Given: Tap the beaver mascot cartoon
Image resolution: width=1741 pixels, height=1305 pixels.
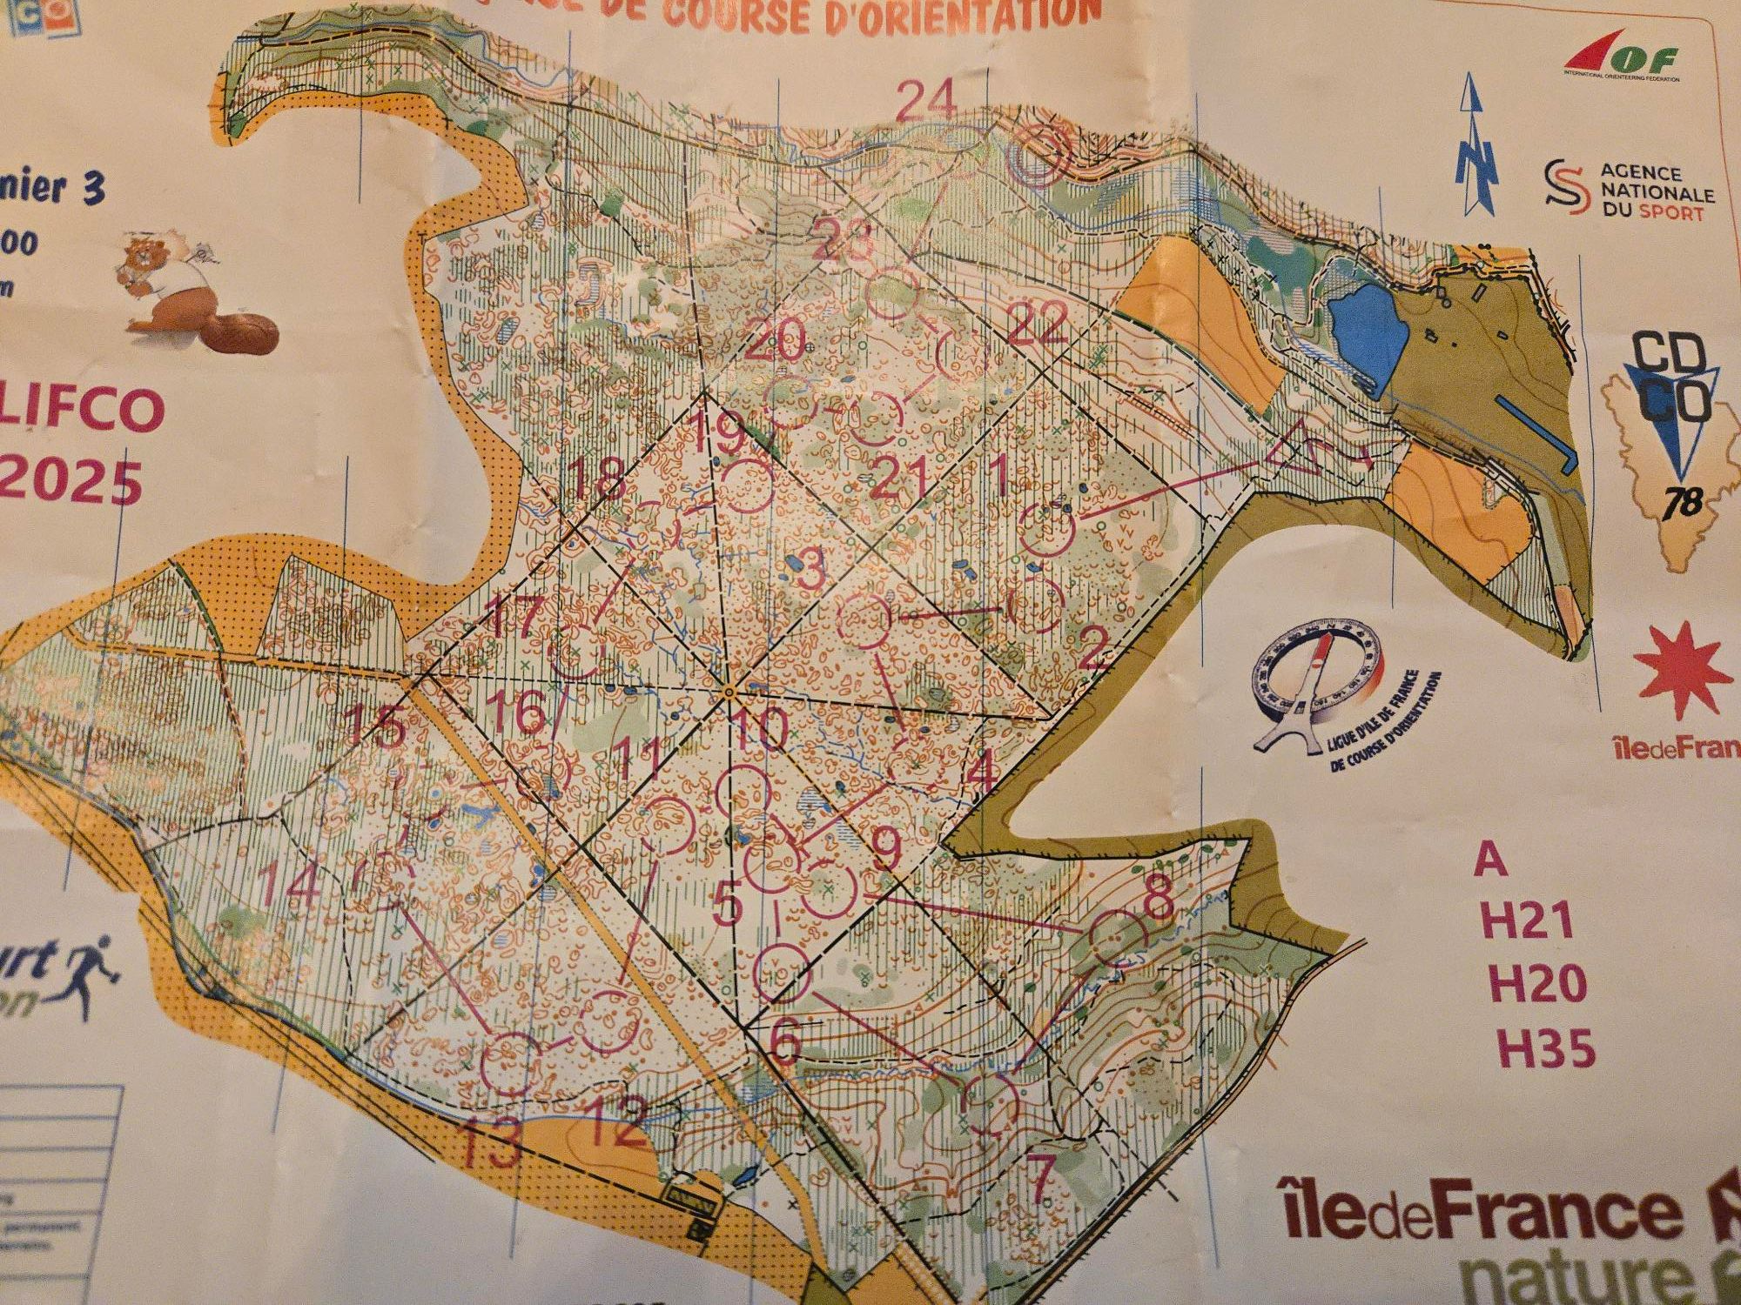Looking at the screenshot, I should [x=196, y=291].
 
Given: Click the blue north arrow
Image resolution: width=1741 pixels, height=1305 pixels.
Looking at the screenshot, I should [x=1477, y=144].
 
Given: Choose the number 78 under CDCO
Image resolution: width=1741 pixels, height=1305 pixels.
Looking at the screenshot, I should [x=1681, y=503].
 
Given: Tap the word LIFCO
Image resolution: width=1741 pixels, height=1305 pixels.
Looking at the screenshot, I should [x=83, y=409].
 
